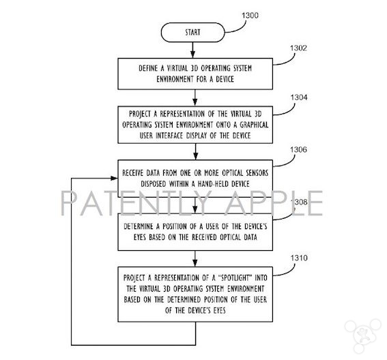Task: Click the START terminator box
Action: (192, 32)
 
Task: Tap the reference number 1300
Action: (250, 16)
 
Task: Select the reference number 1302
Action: (298, 48)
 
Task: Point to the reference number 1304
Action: (299, 97)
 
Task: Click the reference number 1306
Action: (298, 150)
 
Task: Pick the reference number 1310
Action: (299, 258)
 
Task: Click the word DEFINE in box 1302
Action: (148, 68)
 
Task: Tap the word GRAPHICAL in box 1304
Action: (254, 125)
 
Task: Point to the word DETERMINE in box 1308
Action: (138, 226)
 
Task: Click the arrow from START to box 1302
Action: (192, 50)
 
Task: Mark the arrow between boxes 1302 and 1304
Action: (195, 97)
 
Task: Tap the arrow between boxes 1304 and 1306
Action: (195, 151)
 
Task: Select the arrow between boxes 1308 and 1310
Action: (195, 258)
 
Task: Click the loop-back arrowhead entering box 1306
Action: (114, 178)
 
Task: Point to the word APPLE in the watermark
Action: (274, 203)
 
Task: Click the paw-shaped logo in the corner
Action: (363, 335)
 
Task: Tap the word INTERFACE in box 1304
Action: (169, 136)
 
